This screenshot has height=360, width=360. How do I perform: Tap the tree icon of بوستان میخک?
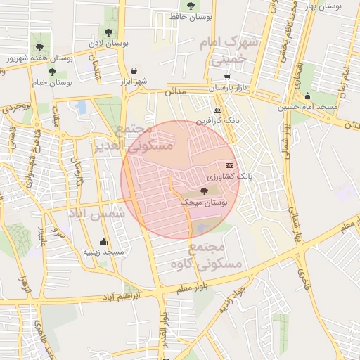(204, 191)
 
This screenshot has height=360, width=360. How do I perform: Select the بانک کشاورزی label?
(229, 176)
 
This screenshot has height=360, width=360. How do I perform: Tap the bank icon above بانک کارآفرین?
(217, 110)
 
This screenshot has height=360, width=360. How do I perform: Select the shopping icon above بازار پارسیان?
(226, 77)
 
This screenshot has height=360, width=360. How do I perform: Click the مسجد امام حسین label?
(307, 107)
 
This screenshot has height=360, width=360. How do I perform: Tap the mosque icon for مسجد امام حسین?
(307, 96)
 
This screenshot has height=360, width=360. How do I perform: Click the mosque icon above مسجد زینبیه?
(104, 241)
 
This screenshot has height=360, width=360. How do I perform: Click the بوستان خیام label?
(52, 82)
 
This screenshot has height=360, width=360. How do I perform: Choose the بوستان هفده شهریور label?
(30, 57)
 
